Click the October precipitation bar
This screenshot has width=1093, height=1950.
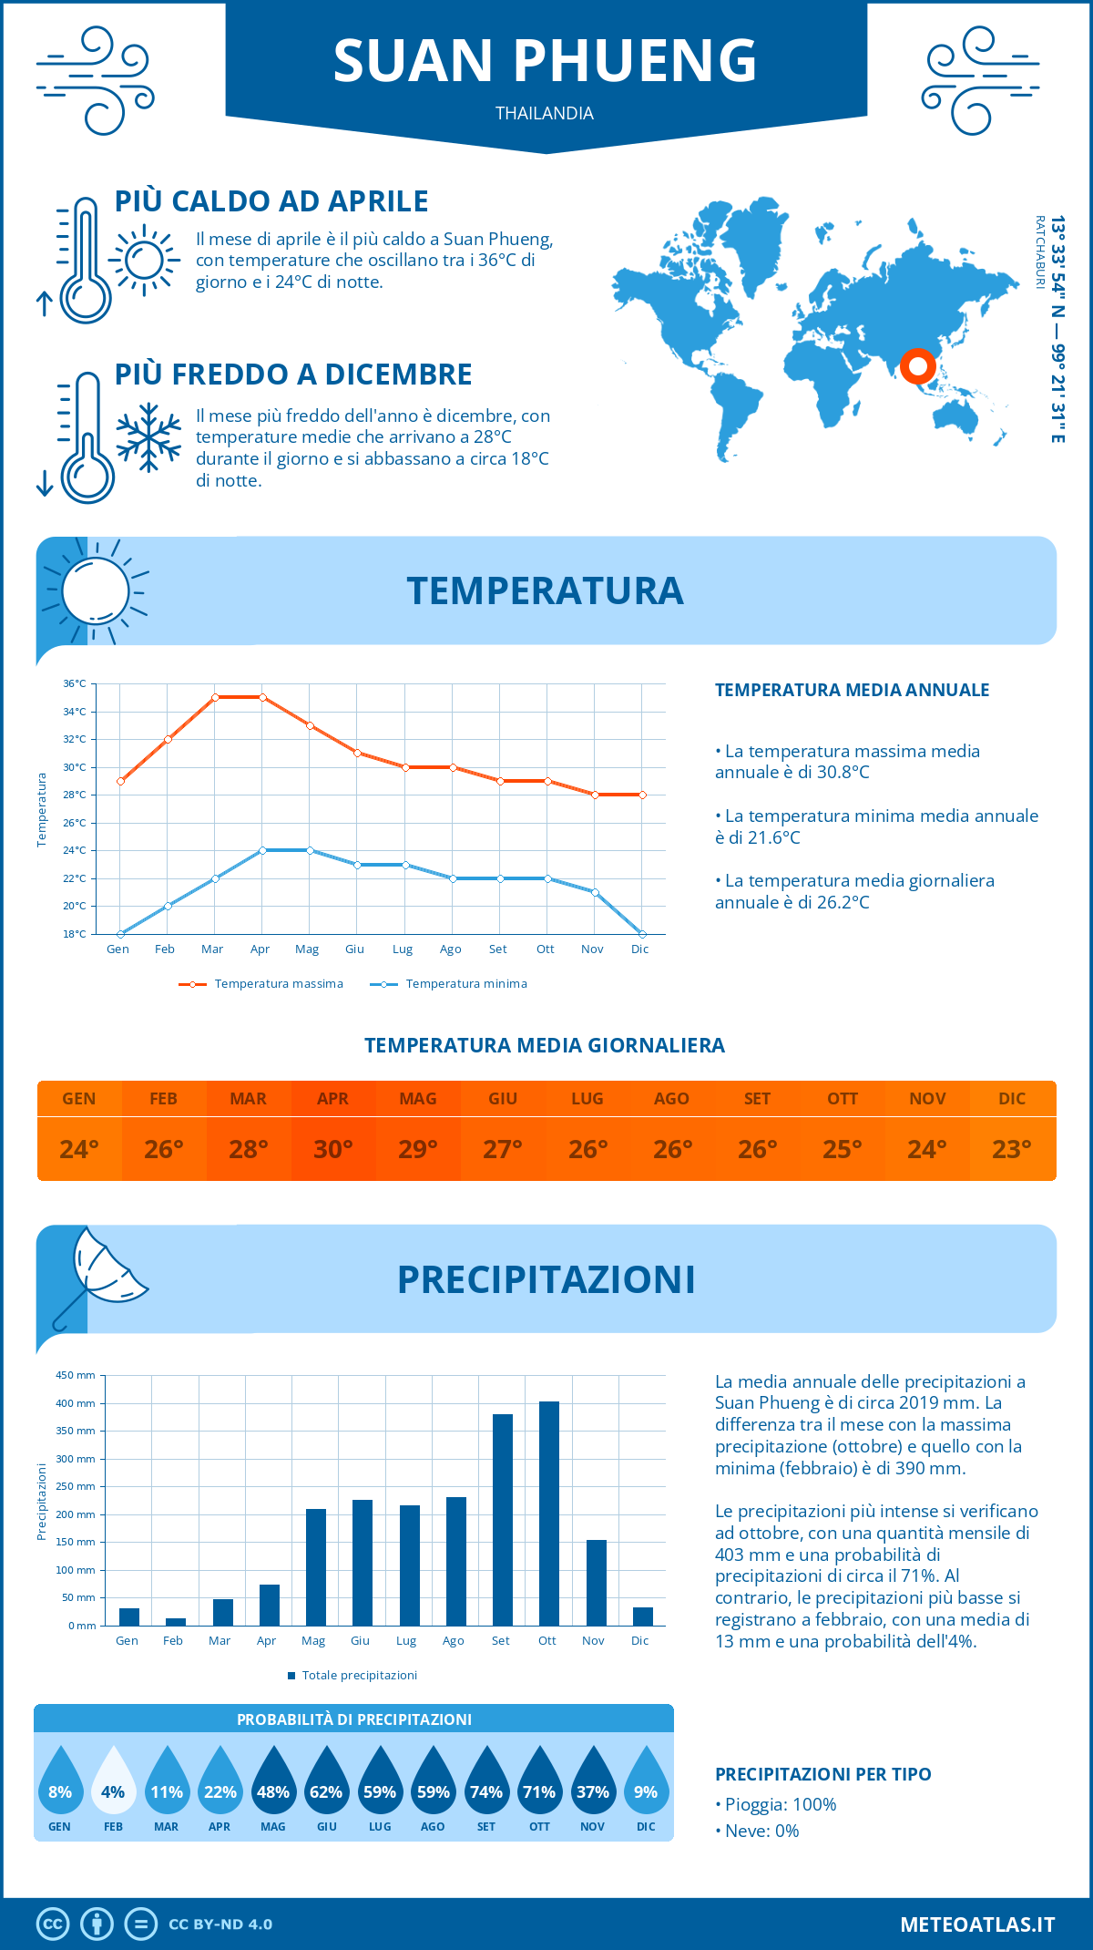pos(548,1513)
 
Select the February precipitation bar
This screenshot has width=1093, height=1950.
pos(175,1621)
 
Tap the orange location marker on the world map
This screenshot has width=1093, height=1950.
pos(917,366)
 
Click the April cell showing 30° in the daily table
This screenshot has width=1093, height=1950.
pos(333,1149)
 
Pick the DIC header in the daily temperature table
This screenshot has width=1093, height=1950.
pos(1012,1099)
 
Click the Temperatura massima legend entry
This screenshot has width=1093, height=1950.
pos(262,984)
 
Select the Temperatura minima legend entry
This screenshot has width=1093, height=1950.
pos(449,984)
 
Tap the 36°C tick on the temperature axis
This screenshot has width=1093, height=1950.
pos(75,683)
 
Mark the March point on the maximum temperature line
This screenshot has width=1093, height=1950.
pos(215,697)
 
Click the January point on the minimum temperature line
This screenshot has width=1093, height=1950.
pos(120,934)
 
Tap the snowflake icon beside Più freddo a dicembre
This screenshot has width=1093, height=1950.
pos(148,437)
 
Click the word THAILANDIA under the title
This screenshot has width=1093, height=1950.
pos(545,113)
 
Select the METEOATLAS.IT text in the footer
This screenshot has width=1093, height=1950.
pos(977,1924)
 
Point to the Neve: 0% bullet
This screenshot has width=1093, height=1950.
pos(757,1832)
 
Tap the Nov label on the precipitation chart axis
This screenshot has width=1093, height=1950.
pos(593,1641)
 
